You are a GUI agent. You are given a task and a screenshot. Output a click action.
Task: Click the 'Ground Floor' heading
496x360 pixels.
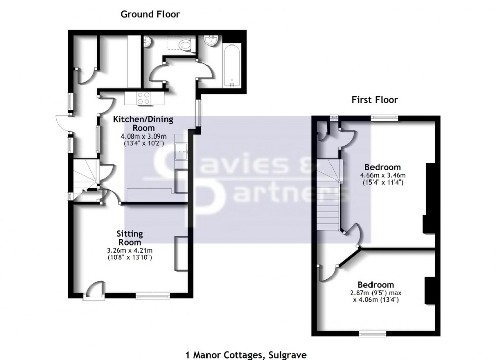150,14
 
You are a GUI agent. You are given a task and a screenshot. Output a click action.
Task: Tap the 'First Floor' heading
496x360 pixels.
375,100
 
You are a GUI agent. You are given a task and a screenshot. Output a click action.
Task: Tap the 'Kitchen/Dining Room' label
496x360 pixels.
143,124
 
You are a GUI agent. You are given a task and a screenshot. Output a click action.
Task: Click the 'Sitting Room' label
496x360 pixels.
130,238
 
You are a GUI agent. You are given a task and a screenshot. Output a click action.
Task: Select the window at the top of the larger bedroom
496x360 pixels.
383,118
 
